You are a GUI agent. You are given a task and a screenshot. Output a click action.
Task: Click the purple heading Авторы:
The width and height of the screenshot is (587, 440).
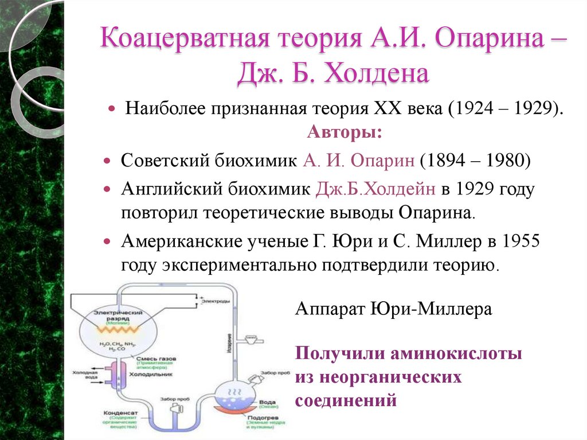345,133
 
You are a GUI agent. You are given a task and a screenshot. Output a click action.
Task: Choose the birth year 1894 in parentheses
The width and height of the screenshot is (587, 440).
447,161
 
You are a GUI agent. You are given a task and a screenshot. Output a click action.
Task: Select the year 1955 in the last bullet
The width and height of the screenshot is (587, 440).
521,241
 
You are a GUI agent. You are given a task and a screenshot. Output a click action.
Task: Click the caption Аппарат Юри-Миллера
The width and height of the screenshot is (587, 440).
393,309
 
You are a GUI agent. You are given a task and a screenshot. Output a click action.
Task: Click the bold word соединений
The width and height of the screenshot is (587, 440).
346,399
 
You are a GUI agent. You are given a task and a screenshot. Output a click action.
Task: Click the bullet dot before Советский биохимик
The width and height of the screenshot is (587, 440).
108,161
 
